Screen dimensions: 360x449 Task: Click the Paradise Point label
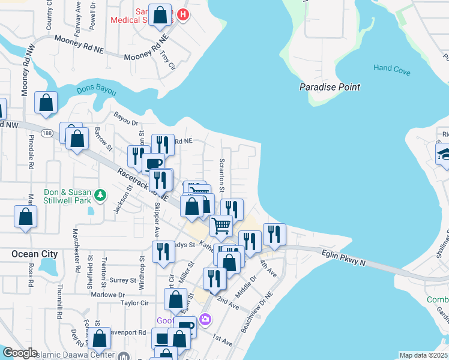pos(330,87)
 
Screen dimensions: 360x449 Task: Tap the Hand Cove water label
pos(391,70)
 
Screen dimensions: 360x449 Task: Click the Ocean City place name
pos(34,254)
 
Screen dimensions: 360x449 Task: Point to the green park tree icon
pos(101,195)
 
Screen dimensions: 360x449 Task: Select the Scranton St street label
pos(222,175)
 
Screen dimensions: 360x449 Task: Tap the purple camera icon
pos(206,319)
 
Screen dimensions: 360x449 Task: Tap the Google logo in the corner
pos(20,353)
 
